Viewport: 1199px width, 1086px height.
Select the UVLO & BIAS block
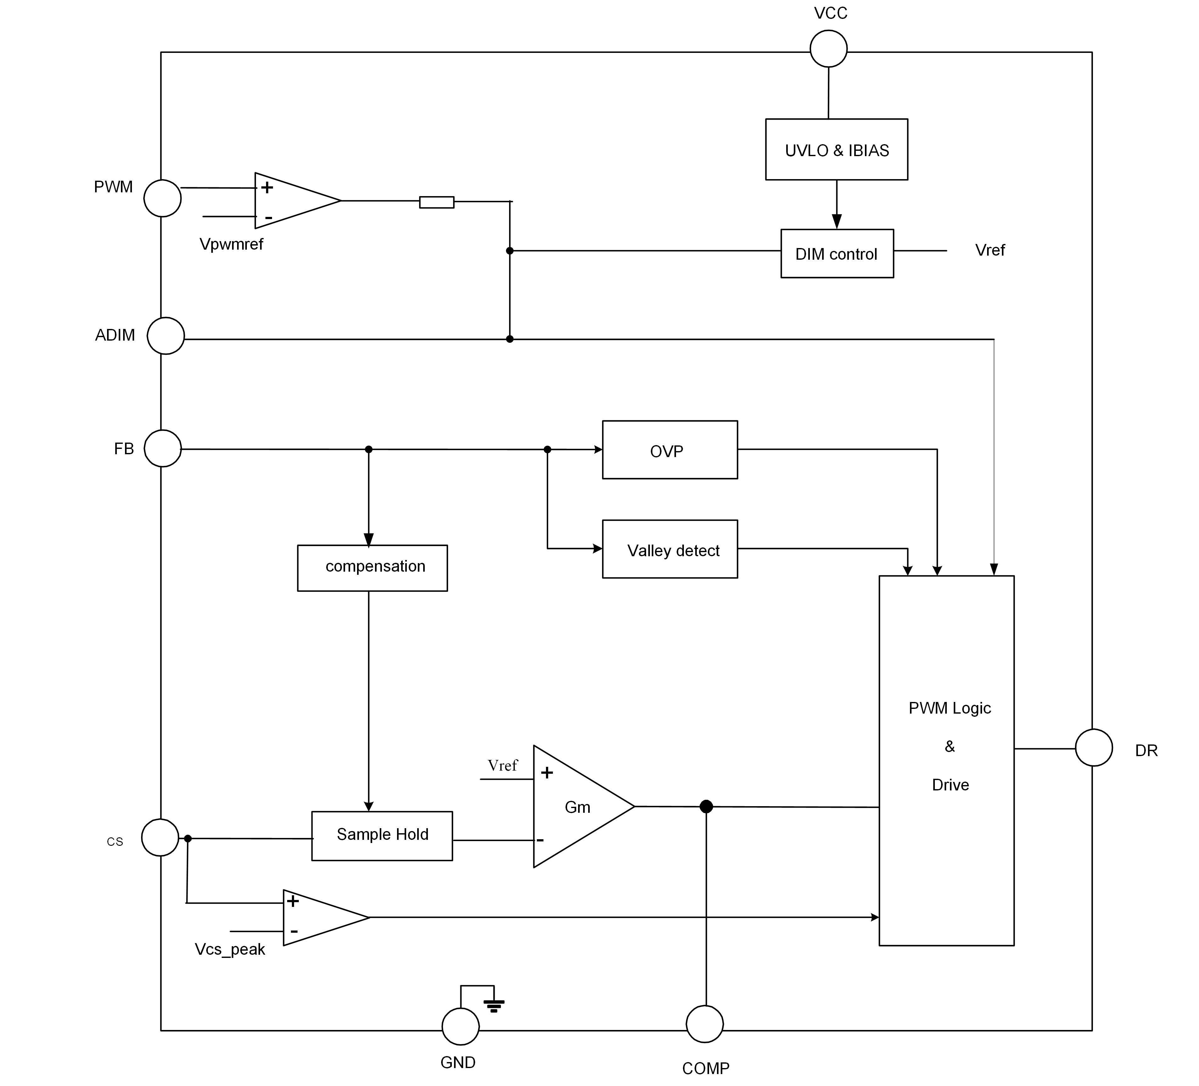[836, 149]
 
